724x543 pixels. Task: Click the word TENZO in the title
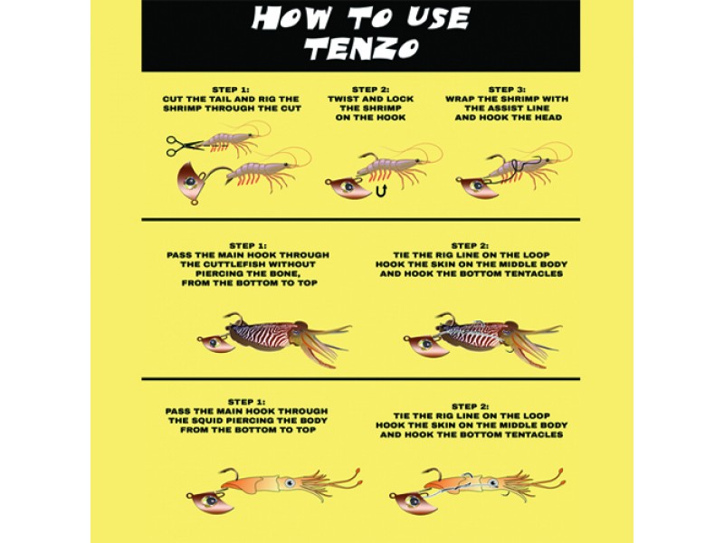click(x=363, y=48)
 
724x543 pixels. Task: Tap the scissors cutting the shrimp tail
click(x=184, y=146)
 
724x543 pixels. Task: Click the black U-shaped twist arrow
click(x=381, y=190)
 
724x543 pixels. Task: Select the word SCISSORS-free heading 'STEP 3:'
click(x=508, y=90)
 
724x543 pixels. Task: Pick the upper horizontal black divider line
click(x=360, y=219)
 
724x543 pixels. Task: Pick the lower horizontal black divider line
click(x=360, y=378)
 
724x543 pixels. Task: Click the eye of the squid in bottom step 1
click(x=290, y=483)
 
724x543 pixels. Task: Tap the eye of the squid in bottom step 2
click(x=492, y=483)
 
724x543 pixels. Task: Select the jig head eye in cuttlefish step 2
click(x=426, y=344)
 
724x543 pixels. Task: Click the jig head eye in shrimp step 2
click(x=348, y=187)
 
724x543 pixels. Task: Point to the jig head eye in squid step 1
click(x=211, y=500)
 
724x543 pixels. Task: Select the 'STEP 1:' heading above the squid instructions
click(x=247, y=402)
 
